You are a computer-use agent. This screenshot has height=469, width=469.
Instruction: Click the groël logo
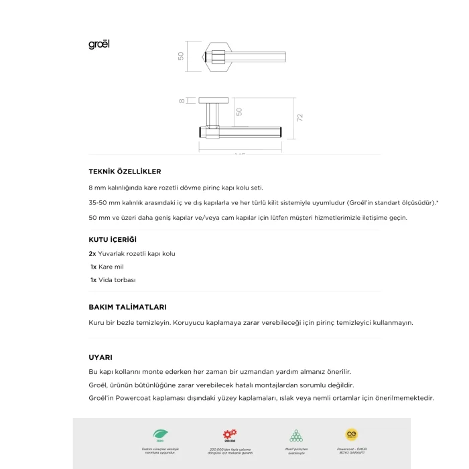pyautogui.click(x=98, y=45)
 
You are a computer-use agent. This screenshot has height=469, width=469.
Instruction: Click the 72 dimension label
pyautogui.click(x=300, y=117)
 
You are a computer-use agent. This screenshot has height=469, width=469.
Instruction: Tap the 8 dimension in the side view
pyautogui.click(x=182, y=101)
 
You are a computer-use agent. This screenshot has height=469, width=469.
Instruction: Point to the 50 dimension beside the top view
pyautogui.click(x=181, y=56)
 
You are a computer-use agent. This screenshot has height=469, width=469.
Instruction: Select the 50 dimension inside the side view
pyautogui.click(x=239, y=111)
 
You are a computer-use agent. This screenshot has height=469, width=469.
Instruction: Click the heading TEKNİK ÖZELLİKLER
pyautogui.click(x=125, y=172)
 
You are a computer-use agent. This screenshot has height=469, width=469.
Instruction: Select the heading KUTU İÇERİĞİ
pyautogui.click(x=113, y=239)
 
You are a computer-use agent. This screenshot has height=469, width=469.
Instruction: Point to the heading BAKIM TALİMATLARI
pyautogui.click(x=127, y=307)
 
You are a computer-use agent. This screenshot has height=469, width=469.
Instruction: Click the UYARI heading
pyautogui.click(x=100, y=357)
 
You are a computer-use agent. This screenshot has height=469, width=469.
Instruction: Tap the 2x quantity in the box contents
pyautogui.click(x=92, y=254)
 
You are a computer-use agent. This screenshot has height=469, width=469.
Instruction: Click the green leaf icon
pyautogui.click(x=159, y=435)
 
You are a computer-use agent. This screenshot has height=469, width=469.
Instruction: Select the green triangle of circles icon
pyautogui.click(x=295, y=435)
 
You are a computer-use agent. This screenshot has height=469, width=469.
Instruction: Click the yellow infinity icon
pyautogui.click(x=351, y=434)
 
